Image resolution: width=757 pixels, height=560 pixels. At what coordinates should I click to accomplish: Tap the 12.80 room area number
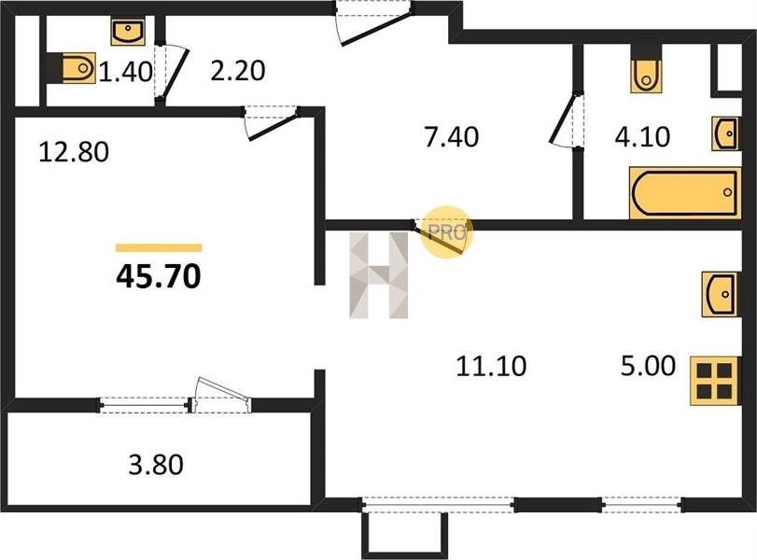74,151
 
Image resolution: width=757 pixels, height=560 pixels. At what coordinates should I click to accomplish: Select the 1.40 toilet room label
125,71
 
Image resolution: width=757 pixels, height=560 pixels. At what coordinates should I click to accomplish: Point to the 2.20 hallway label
238,71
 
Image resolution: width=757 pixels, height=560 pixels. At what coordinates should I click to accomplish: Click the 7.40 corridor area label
451,137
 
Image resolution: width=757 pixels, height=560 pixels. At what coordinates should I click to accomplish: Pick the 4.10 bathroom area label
669,137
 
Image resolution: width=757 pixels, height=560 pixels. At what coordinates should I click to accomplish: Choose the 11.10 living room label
491,367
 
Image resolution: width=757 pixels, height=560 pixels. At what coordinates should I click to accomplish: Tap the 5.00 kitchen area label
649,367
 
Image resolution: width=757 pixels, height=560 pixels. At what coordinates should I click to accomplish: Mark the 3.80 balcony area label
156,463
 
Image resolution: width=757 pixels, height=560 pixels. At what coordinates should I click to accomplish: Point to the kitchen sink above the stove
719,296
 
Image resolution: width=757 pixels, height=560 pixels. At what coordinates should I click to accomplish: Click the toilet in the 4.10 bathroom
646,73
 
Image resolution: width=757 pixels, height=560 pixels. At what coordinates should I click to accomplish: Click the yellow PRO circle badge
446,231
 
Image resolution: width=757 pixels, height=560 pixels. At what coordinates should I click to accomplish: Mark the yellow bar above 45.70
159,247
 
